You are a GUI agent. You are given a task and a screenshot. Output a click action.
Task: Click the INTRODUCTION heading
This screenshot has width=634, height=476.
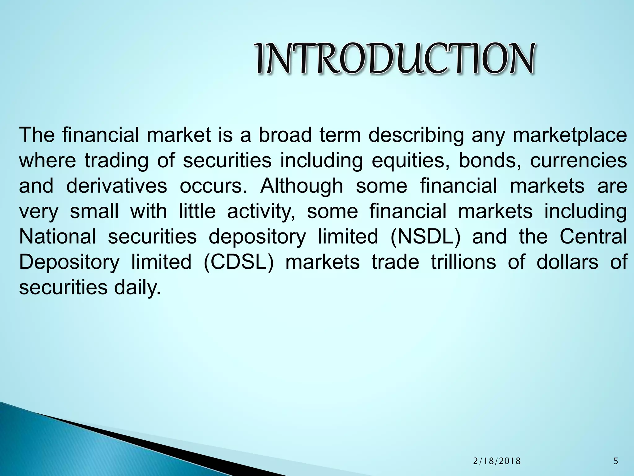pyautogui.click(x=395, y=59)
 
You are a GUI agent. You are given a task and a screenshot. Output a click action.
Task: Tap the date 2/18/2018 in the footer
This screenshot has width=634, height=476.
pyautogui.click(x=497, y=461)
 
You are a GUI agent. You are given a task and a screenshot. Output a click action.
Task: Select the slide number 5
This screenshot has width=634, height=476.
pyautogui.click(x=616, y=461)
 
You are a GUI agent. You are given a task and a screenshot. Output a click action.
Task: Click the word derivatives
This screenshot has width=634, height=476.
pyautogui.click(x=116, y=186)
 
